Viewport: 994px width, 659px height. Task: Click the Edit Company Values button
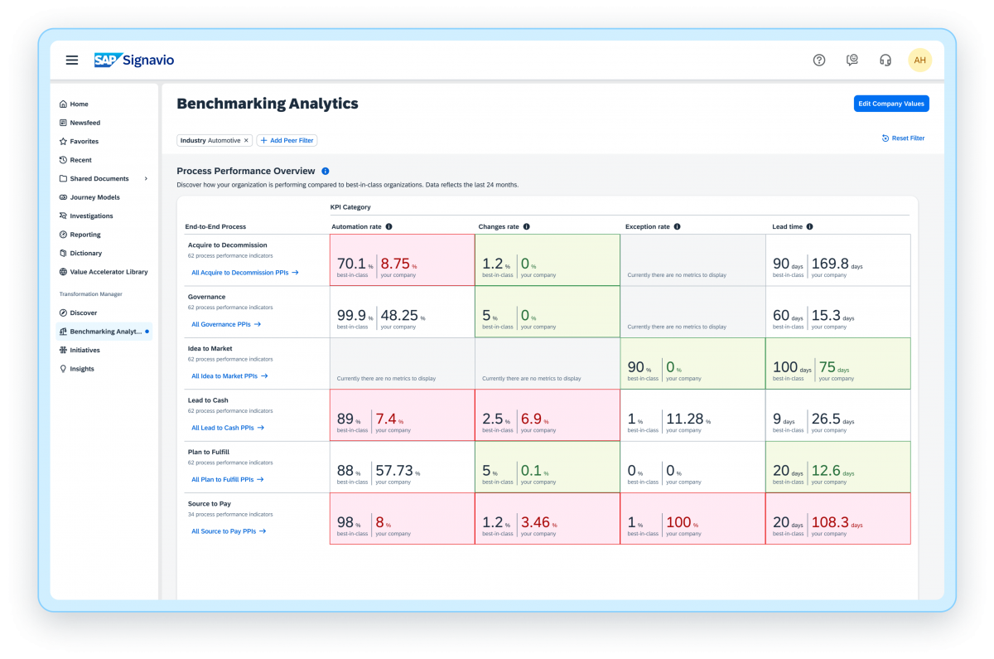(x=891, y=104)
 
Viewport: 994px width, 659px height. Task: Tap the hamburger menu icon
(x=72, y=60)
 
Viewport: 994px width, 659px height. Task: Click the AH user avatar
(x=919, y=60)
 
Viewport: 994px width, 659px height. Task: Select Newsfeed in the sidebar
(x=84, y=123)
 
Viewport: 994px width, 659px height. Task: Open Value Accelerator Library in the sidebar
(x=109, y=272)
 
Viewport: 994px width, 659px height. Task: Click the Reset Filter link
(x=904, y=138)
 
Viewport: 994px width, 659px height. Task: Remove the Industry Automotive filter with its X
(x=246, y=141)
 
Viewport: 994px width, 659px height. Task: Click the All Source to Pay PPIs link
(x=228, y=531)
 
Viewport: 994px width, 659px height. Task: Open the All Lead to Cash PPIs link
(x=227, y=428)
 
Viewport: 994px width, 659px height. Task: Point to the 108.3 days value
(x=830, y=522)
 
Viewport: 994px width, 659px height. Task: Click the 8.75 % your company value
(x=394, y=264)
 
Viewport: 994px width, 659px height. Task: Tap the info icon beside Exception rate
(x=677, y=226)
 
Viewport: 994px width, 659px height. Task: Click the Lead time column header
(x=786, y=226)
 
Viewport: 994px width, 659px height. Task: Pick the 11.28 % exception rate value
(x=684, y=419)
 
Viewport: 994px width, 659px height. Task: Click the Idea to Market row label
(x=210, y=349)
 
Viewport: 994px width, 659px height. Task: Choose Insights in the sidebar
(x=82, y=369)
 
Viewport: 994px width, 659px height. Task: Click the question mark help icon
(x=819, y=60)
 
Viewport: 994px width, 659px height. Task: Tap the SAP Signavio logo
(x=133, y=60)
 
